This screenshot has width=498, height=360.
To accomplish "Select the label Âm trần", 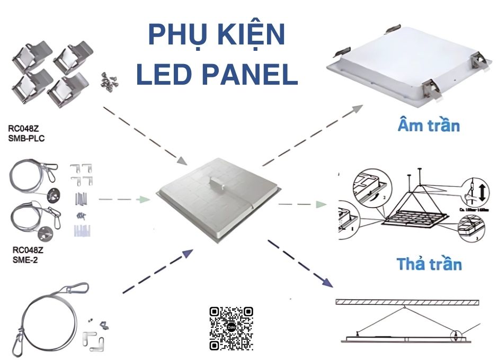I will click(429, 125).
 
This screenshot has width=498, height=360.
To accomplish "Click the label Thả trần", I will click(429, 263).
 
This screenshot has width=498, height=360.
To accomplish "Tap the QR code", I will click(230, 328).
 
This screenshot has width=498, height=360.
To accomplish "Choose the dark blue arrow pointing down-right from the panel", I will click(299, 264).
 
